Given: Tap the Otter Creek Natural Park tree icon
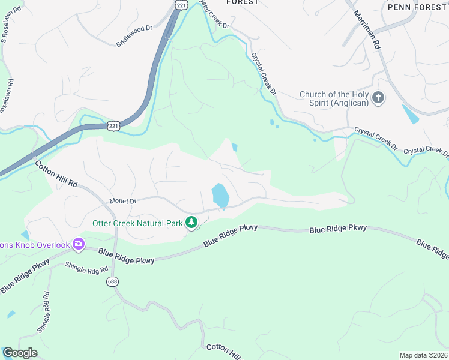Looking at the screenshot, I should [x=191, y=223].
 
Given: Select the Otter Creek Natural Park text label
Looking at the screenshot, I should [x=137, y=223].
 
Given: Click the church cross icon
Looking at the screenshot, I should [x=378, y=97].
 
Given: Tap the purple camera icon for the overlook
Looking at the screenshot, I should [x=79, y=244].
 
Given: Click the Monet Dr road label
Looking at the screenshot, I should [x=124, y=201].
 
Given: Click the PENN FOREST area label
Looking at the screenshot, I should [x=418, y=7].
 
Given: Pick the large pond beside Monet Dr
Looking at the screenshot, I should [x=220, y=196].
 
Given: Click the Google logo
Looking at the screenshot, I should [x=20, y=353].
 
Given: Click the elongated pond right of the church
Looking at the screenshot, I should [x=411, y=114].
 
